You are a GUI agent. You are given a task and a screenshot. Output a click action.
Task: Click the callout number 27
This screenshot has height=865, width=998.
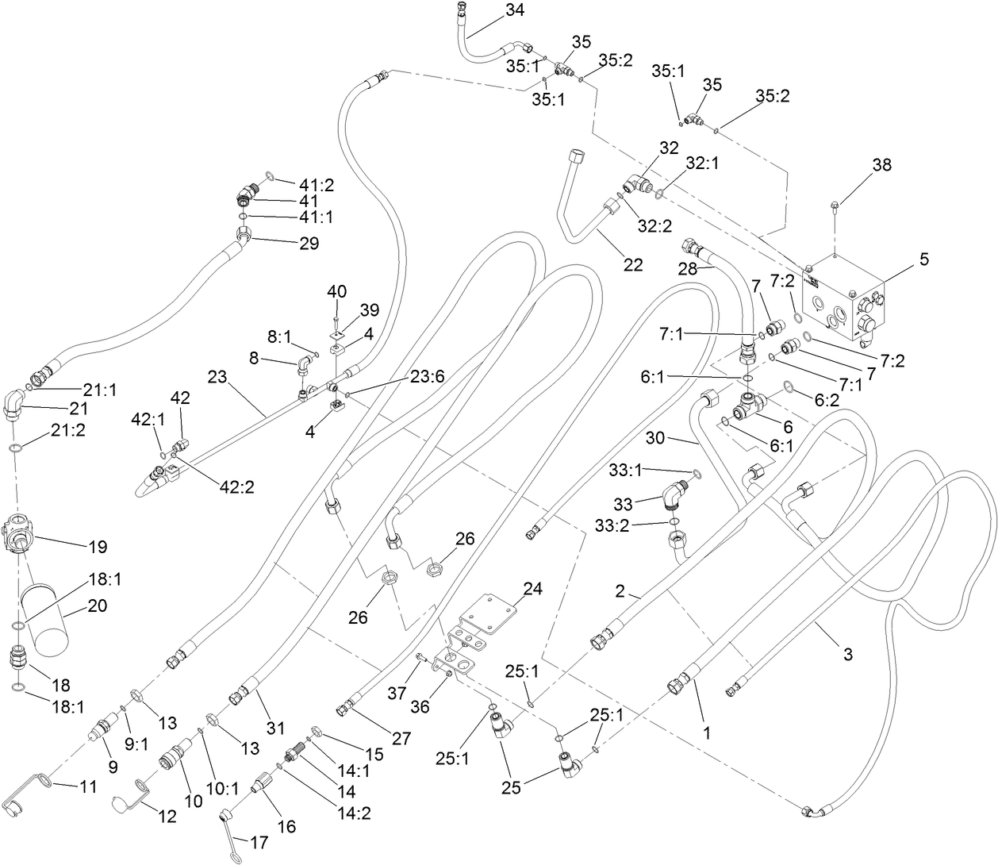[401, 738]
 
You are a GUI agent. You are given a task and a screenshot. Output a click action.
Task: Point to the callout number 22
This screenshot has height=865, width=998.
[632, 265]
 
